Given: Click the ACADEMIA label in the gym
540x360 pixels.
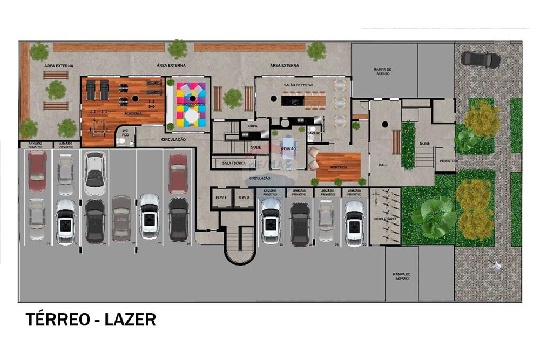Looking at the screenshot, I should point(132,113).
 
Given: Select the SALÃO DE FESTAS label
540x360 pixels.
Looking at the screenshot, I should point(298,86).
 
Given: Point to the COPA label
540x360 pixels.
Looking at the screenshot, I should point(252,125).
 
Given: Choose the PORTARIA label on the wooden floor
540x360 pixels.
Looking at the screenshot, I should point(339,167).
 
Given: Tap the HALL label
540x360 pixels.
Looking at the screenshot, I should point(384,165).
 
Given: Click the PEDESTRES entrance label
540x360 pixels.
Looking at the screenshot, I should point(449,161).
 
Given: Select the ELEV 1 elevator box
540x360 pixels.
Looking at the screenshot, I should point(221,198).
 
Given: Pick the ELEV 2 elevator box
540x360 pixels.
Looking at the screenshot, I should point(244,198).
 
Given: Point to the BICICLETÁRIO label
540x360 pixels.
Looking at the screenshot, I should point(384,219).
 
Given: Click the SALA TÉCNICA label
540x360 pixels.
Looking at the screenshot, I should point(233,163).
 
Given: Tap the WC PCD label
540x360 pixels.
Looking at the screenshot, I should point(125,133).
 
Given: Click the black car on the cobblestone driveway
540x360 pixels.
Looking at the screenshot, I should point(481,59).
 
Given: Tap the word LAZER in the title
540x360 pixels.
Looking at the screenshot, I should point(131,320).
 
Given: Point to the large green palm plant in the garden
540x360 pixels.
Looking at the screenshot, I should point(435,216).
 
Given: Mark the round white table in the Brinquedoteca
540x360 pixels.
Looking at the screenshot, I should point(191,116).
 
